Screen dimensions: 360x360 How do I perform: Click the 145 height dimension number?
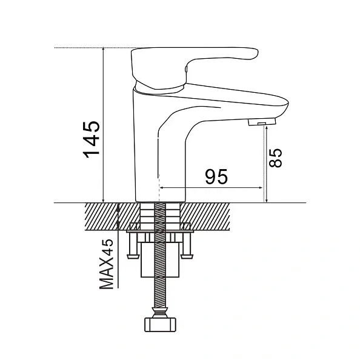92,139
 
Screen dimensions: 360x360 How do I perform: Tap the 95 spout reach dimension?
216,177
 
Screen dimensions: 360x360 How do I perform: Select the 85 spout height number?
275,158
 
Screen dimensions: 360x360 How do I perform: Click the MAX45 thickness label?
106,264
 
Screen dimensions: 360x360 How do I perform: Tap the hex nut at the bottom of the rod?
160,325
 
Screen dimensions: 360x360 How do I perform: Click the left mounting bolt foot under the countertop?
133,256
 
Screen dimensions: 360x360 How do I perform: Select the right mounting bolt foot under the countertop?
187,256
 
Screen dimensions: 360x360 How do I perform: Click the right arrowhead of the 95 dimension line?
261,188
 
